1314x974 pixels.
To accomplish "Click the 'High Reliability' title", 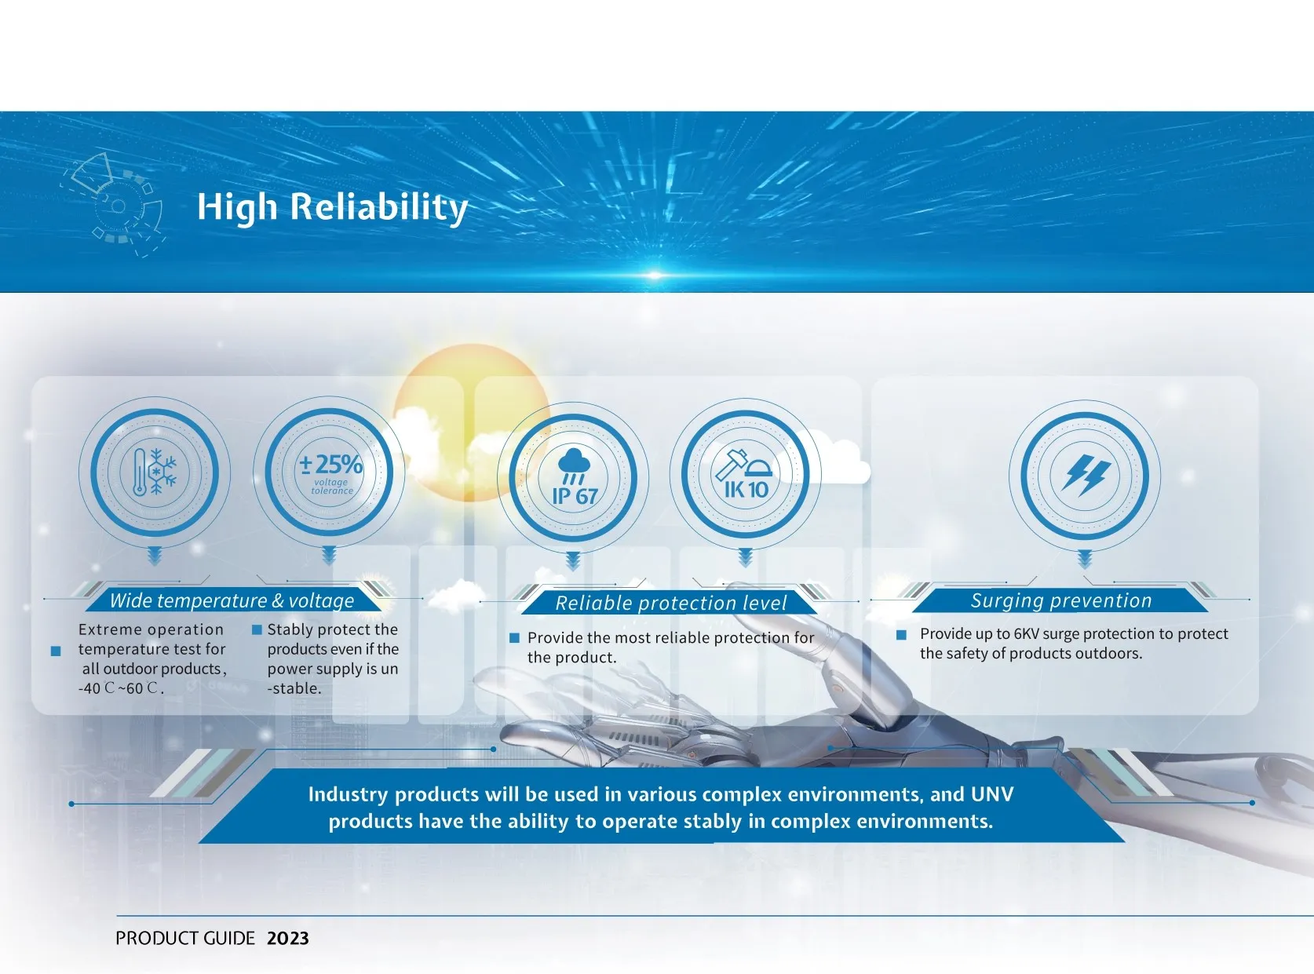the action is [x=332, y=207].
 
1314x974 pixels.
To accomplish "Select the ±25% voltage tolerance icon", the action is [x=330, y=472].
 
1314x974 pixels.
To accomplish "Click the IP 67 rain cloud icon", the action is [x=573, y=477].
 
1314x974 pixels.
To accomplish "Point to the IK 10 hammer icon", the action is [x=745, y=473].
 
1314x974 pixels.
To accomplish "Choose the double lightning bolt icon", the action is [x=1085, y=475].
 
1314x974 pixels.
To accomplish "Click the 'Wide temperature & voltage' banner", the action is [x=232, y=600].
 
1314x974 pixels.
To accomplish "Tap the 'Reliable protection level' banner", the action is [x=670, y=603].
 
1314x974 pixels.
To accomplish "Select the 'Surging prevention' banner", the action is [x=1060, y=600].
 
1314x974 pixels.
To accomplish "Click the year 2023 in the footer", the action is [x=288, y=939].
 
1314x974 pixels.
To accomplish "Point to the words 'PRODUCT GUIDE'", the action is [x=184, y=939].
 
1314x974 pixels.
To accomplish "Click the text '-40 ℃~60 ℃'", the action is [x=120, y=688].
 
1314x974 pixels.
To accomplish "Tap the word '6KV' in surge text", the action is [x=1026, y=634].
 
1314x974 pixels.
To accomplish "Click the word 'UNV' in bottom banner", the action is [x=991, y=794].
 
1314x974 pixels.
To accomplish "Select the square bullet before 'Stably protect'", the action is [x=257, y=629].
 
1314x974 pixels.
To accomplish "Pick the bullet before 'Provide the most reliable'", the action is [x=515, y=638].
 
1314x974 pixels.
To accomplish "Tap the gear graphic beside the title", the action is [x=114, y=205].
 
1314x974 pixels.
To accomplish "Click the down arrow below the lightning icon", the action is [x=1085, y=559].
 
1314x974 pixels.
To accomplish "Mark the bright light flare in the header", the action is [x=654, y=275].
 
